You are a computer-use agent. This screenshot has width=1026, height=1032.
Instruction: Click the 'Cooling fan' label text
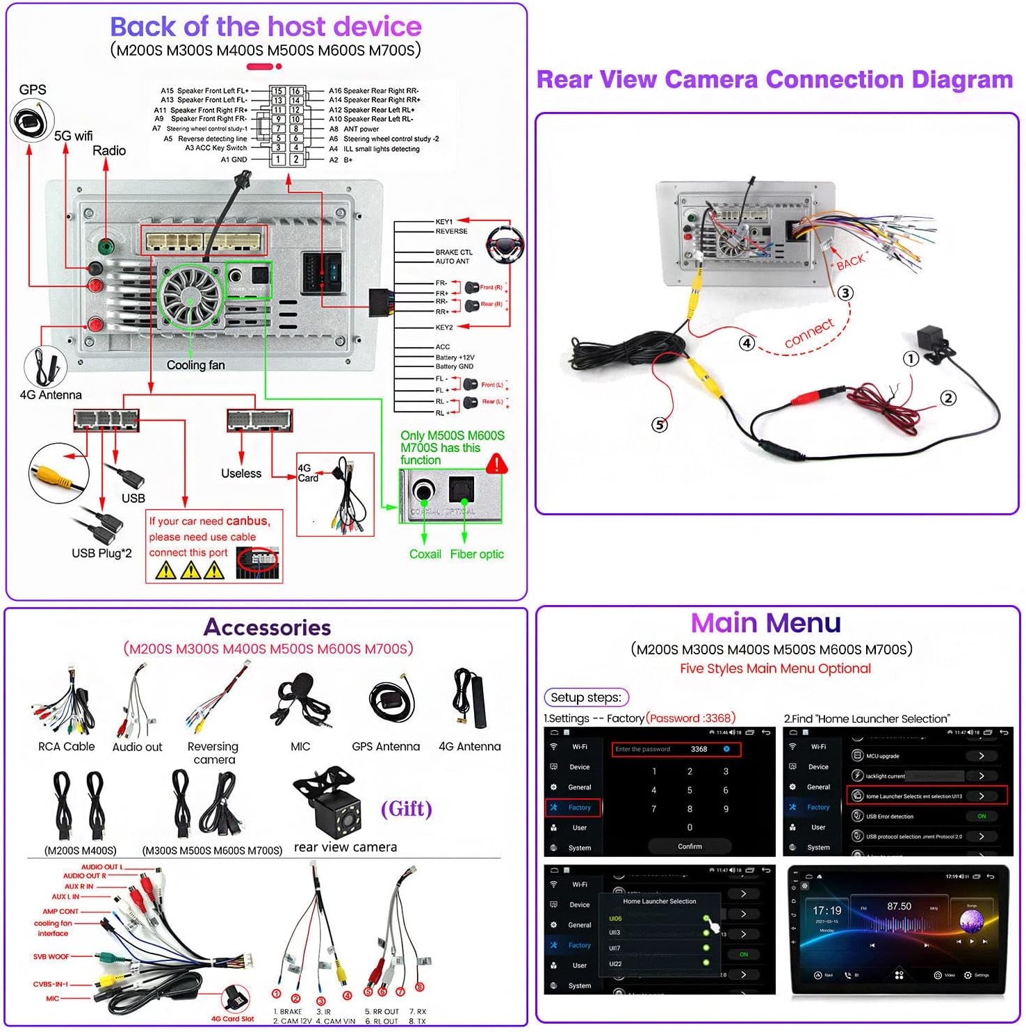(x=195, y=365)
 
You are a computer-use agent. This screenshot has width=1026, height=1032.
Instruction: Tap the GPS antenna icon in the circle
(x=32, y=121)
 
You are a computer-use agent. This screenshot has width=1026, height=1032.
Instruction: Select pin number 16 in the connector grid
(x=295, y=91)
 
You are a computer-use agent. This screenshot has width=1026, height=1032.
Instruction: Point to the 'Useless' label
(x=241, y=474)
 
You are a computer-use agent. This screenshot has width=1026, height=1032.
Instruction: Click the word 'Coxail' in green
(x=425, y=554)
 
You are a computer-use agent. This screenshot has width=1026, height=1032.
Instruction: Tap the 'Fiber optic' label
(x=477, y=554)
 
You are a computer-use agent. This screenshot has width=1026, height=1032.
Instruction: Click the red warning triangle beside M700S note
(x=496, y=464)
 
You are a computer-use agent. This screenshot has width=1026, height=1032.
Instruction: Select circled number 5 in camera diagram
(x=659, y=424)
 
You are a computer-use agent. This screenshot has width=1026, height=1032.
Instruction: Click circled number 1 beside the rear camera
(x=911, y=359)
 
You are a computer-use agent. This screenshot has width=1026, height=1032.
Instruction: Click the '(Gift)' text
(x=406, y=809)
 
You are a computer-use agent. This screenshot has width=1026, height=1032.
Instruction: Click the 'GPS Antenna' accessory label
(x=386, y=747)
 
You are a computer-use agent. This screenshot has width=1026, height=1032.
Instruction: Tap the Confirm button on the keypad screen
(x=690, y=846)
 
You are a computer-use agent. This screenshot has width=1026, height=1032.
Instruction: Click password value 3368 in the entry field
(x=699, y=749)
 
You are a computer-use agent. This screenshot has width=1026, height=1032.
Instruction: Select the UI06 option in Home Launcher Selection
(x=616, y=919)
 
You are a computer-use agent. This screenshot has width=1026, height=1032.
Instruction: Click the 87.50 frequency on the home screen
(x=899, y=906)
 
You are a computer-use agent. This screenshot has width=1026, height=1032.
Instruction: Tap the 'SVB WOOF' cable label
(x=51, y=957)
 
